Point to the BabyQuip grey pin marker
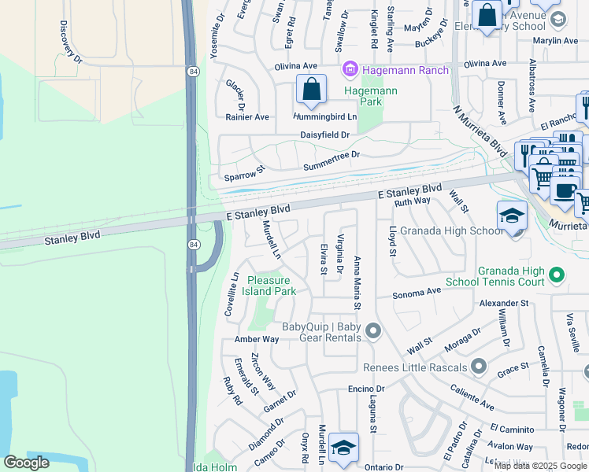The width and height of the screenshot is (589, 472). click(x=373, y=332)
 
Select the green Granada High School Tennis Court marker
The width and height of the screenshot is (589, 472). click(x=557, y=275)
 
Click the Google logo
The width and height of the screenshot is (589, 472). click(x=26, y=463)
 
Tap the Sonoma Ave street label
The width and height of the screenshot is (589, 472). click(x=417, y=291)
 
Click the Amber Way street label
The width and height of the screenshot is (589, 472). click(x=257, y=339)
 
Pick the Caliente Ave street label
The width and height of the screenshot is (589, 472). click(x=472, y=396)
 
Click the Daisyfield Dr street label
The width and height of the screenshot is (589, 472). click(x=324, y=135)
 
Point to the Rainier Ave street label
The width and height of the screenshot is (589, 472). click(x=247, y=117)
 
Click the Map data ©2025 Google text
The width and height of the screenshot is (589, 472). click(x=540, y=465)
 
